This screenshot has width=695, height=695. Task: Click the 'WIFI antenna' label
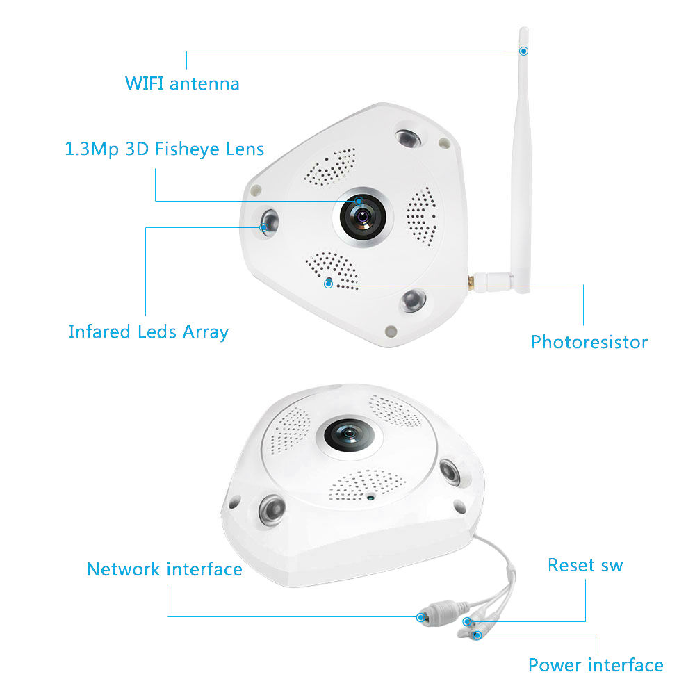[x=182, y=83]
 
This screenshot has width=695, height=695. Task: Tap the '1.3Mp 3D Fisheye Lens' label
[x=165, y=149]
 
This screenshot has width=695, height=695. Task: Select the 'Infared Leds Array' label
[x=149, y=332]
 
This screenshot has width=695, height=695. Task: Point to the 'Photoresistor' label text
[x=589, y=342]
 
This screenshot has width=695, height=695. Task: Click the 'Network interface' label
[x=164, y=569]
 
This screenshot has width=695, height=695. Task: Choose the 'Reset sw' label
[x=585, y=565]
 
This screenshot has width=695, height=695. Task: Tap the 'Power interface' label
[x=596, y=665]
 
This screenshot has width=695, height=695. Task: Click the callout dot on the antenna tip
[x=523, y=51]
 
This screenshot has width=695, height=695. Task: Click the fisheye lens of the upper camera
[x=363, y=217]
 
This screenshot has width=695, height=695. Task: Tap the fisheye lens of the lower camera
[x=348, y=435]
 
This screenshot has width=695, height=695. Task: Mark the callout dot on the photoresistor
[x=329, y=284]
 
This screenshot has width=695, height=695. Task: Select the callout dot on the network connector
[x=420, y=617]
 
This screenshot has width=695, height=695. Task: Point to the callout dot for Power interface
[x=477, y=635]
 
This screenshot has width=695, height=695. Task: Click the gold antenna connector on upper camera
[x=472, y=282]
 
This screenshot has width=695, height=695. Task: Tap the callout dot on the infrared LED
[x=263, y=227]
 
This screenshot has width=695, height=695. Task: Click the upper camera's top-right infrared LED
[x=408, y=139]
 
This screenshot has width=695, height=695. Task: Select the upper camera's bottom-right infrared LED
[x=413, y=301]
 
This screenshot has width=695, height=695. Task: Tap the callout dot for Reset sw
[x=467, y=621]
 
